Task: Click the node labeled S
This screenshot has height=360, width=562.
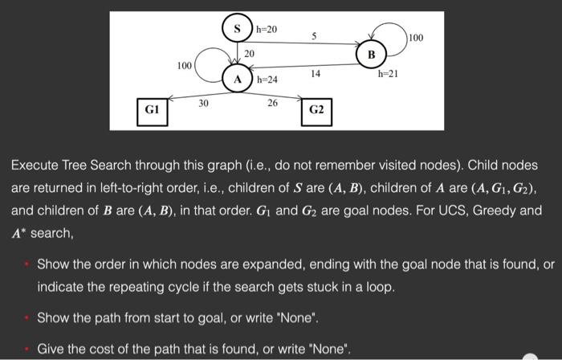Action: [x=237, y=29]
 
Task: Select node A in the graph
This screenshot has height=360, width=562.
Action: [x=238, y=79]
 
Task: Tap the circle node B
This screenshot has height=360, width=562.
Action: [x=371, y=55]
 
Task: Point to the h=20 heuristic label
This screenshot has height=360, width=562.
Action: [x=267, y=29]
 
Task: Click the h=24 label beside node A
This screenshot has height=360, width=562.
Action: [x=267, y=80]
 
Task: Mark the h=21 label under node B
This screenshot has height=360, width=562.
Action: [x=389, y=74]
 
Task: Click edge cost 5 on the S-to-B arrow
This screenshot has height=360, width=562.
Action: [x=314, y=35]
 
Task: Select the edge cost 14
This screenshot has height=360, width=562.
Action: [x=316, y=73]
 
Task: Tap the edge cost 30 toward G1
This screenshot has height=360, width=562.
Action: [x=204, y=102]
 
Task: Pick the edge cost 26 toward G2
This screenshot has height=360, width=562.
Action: [x=272, y=102]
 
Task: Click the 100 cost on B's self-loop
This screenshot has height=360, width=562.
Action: [x=417, y=38]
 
